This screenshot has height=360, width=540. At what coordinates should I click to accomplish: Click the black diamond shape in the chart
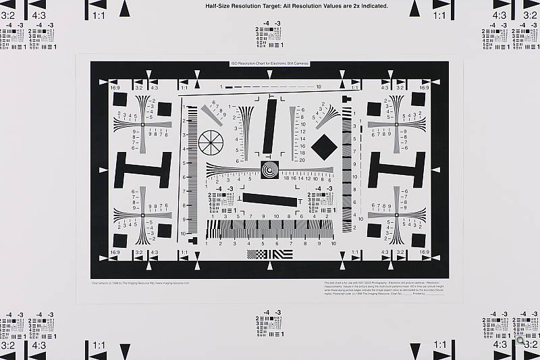coord(323,146)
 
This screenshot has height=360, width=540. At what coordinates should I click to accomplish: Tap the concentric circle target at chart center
coord(269,169)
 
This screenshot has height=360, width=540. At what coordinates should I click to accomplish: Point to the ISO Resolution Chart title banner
coord(270,63)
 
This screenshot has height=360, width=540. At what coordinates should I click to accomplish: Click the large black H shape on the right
coord(397,170)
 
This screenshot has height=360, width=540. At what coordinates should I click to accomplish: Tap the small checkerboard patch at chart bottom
coord(257,254)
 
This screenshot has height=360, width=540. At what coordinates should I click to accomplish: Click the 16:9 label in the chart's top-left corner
coord(115,88)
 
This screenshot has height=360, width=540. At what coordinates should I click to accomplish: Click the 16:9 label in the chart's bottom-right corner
coord(425,252)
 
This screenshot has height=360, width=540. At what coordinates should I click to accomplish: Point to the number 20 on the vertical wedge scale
coord(302,160)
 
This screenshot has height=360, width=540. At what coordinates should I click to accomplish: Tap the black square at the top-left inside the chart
coord(120,99)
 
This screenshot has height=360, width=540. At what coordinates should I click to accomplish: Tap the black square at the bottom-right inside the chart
coord(418,240)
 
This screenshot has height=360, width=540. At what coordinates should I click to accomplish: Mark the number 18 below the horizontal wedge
coord(286,178)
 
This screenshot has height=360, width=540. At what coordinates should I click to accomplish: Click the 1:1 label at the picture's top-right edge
coord(439,14)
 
